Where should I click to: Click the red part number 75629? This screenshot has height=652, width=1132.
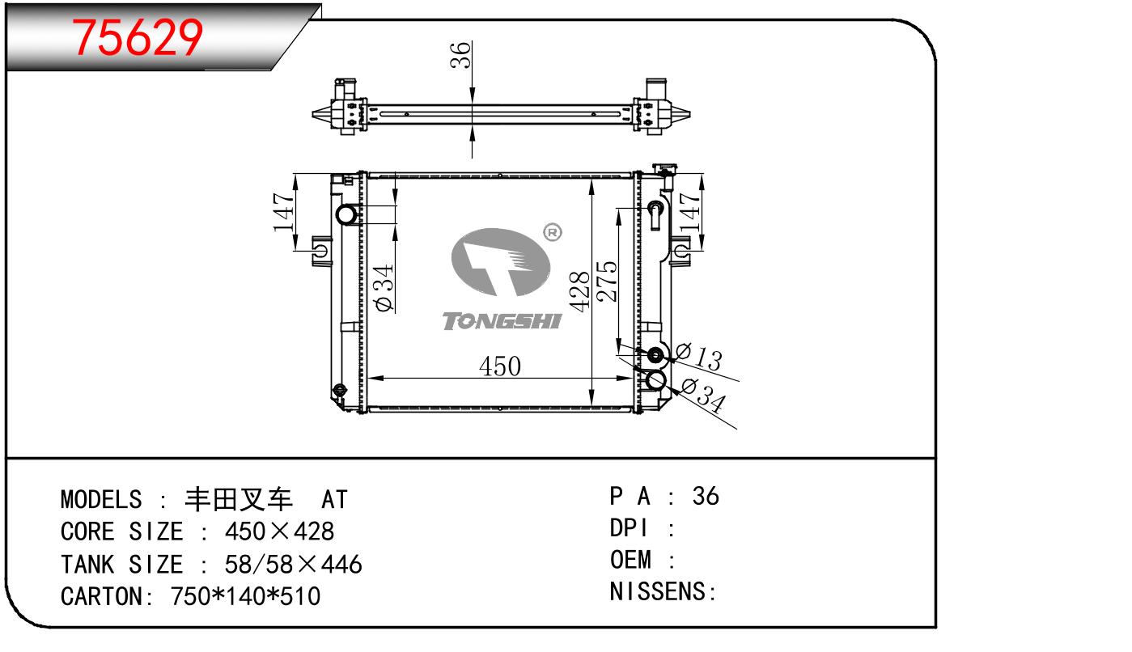[x=137, y=36]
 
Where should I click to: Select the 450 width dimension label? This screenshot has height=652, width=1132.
[x=499, y=366]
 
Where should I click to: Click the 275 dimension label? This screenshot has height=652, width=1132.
[x=607, y=281]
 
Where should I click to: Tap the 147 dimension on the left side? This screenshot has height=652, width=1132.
[x=284, y=212]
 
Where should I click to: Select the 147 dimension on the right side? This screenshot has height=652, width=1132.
[x=689, y=212]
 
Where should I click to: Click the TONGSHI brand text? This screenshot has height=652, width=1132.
[x=502, y=322]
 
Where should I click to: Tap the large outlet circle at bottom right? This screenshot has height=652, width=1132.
[x=655, y=379]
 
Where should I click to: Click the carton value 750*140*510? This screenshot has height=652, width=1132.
[x=246, y=596]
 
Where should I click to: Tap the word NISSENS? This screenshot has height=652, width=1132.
[x=657, y=591]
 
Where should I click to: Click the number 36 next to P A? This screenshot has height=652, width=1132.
[x=706, y=496]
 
